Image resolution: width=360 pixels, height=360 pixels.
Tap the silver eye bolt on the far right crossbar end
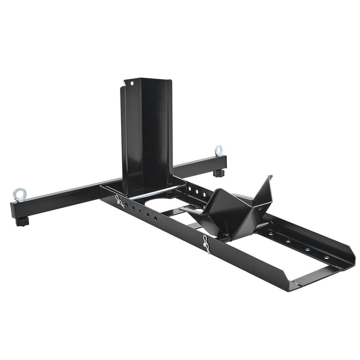point(219,150)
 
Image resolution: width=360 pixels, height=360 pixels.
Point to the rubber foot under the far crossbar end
point(219,173)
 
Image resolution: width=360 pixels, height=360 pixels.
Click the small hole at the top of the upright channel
point(132,84)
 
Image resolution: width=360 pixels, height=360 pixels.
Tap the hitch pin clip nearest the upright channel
point(120,202)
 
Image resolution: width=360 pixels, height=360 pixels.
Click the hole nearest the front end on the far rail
point(326,257)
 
